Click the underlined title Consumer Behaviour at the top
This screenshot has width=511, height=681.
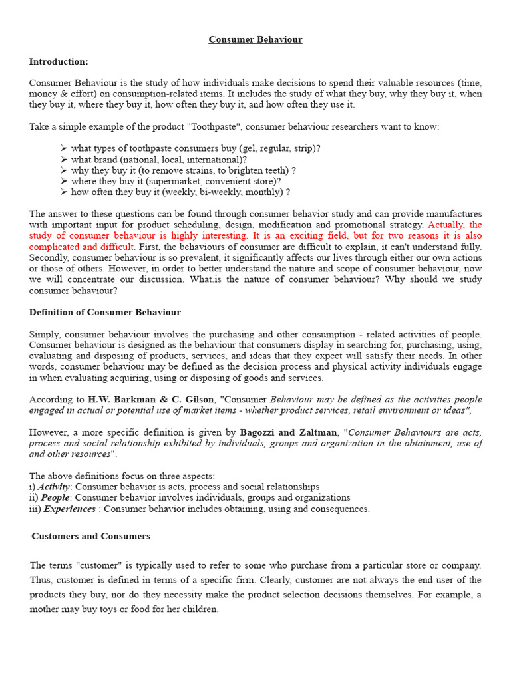point(255,40)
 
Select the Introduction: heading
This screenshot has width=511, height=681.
point(59,62)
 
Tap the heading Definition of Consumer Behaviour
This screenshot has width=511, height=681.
point(105,313)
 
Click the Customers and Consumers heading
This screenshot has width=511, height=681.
point(91,536)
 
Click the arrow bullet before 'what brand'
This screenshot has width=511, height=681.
point(64,160)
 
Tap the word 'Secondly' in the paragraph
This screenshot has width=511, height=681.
point(47,257)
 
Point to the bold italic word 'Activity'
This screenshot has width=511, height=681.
point(53,487)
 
